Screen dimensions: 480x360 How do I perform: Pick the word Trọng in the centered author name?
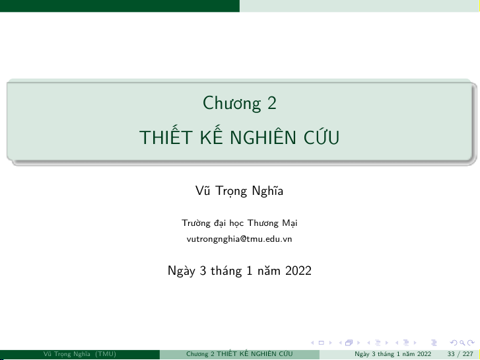coord(231,191)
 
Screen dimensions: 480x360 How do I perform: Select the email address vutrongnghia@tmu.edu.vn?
coord(239,239)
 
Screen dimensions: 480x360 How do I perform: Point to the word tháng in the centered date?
coord(226,271)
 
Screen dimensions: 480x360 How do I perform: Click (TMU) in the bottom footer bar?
coord(106,354)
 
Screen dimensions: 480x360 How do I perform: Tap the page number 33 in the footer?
coord(450,354)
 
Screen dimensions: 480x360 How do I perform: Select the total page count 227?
coord(467,354)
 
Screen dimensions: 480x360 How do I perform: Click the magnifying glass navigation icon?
coord(462,343)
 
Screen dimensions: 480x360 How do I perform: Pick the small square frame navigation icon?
coord(321,343)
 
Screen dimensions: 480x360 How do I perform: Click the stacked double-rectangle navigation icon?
coord(349,343)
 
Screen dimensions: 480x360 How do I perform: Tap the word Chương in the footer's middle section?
coord(197,354)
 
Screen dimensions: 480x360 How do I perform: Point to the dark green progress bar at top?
coord(120,6)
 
